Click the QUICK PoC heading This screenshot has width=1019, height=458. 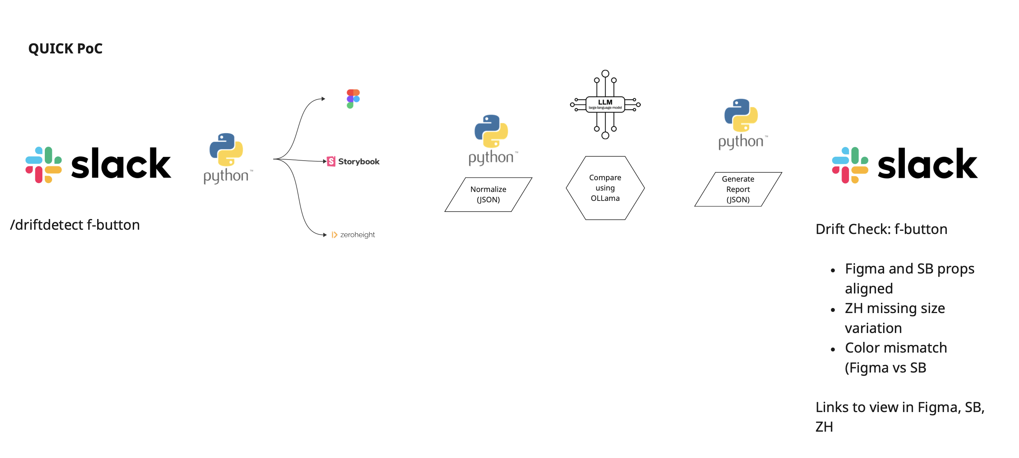pyautogui.click(x=65, y=49)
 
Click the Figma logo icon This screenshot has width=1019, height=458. pyautogui.click(x=353, y=99)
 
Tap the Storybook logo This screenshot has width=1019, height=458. pyautogui.click(x=353, y=161)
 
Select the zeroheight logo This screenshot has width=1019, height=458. pyautogui.click(x=353, y=235)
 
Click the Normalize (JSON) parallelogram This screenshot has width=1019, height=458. pyautogui.click(x=488, y=194)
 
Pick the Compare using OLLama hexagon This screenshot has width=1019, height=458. pyautogui.click(x=605, y=188)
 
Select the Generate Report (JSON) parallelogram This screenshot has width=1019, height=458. pyautogui.click(x=738, y=189)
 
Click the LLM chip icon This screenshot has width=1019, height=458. pyautogui.click(x=605, y=104)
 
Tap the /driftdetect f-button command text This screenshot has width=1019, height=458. pyautogui.click(x=75, y=225)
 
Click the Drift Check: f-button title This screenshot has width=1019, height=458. pyautogui.click(x=881, y=229)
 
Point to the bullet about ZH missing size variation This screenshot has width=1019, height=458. pyautogui.click(x=894, y=318)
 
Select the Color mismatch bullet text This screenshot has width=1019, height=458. pyautogui.click(x=896, y=358)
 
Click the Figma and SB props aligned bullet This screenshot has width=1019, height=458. pyautogui.click(x=909, y=278)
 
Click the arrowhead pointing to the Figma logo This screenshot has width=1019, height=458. pyautogui.click(x=323, y=99)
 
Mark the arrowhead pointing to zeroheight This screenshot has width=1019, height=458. pyautogui.click(x=324, y=235)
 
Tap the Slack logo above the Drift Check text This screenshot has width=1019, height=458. pyautogui.click(x=904, y=165)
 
